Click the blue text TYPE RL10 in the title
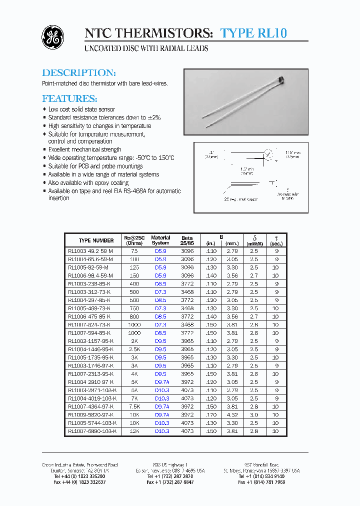coord(253,33)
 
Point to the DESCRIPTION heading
coord(79,73)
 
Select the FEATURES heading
coord(69,98)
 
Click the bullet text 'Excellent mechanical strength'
coord(84,149)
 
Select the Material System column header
coord(160,240)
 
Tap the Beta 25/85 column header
coord(187,240)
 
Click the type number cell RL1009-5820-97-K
coord(90,415)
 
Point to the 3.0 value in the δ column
coord(254,415)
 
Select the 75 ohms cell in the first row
coord(134,251)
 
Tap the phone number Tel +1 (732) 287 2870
coord(170,476)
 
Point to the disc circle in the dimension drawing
coord(268,155)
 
